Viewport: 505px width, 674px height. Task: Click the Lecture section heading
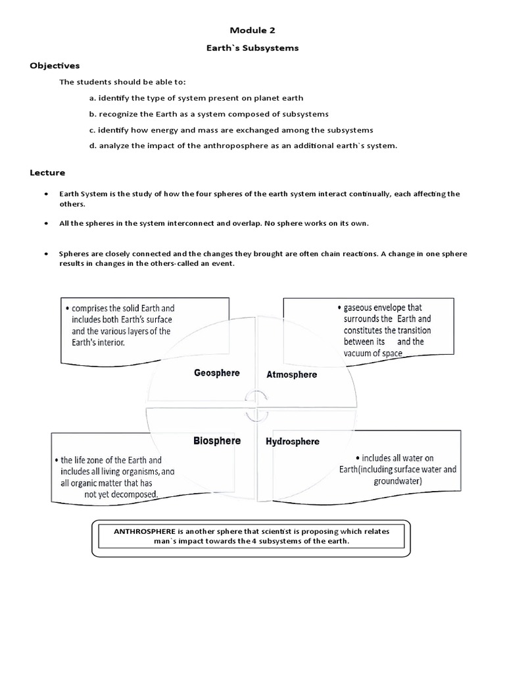click(47, 172)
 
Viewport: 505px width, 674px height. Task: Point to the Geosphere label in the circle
click(217, 373)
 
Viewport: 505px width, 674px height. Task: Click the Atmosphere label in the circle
click(291, 375)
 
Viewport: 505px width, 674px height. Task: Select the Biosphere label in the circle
click(217, 440)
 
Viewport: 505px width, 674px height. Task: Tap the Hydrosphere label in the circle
click(293, 441)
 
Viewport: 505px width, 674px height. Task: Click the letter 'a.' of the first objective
click(93, 98)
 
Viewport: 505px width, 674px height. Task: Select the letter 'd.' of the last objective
click(93, 145)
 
